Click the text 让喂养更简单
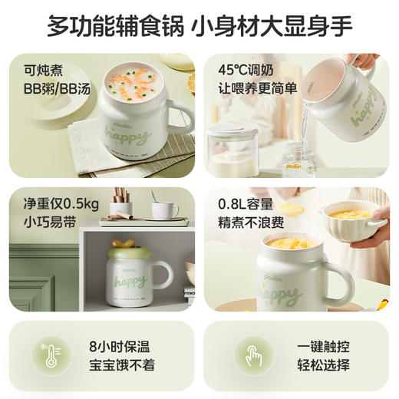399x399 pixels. pyautogui.click(x=258, y=85)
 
